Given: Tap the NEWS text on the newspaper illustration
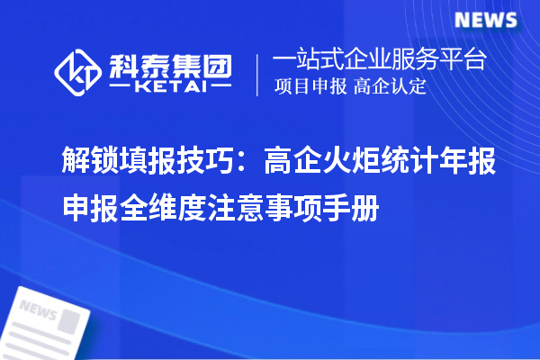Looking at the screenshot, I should click(x=38, y=311).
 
